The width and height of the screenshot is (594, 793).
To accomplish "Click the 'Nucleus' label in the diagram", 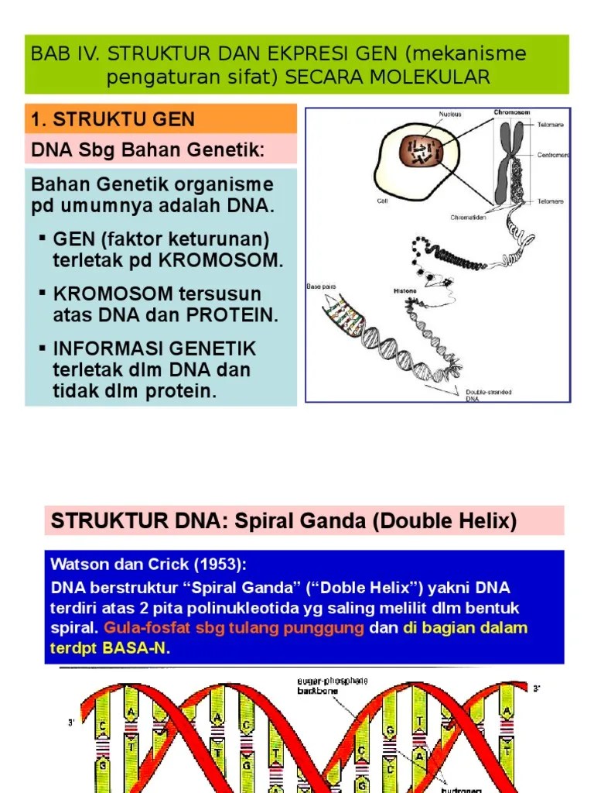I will (450, 115).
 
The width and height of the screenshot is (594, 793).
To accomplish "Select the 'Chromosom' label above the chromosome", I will (512, 113).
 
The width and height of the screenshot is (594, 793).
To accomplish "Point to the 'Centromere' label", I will (554, 155).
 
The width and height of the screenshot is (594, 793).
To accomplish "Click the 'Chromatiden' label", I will (467, 218).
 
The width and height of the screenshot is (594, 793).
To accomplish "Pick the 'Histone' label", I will (405, 291).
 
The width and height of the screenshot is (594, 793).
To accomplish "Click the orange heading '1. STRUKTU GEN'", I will (112, 120).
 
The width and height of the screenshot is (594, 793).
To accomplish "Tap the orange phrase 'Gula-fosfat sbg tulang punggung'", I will (234, 628).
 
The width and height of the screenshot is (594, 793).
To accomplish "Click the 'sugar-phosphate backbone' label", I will (333, 685).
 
